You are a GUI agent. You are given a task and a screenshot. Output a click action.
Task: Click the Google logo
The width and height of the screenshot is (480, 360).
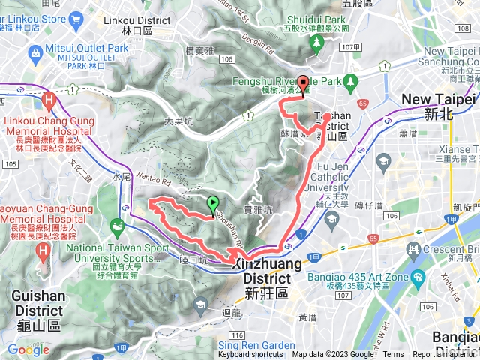pos(28,349)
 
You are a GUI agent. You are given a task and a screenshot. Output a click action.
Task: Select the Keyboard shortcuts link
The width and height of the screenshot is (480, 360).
pos(250,355)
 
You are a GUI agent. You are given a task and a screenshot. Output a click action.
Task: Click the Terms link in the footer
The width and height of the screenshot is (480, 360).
pos(393,355)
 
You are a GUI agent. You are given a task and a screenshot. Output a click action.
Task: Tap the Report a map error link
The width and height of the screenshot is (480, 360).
pos(445,355)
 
